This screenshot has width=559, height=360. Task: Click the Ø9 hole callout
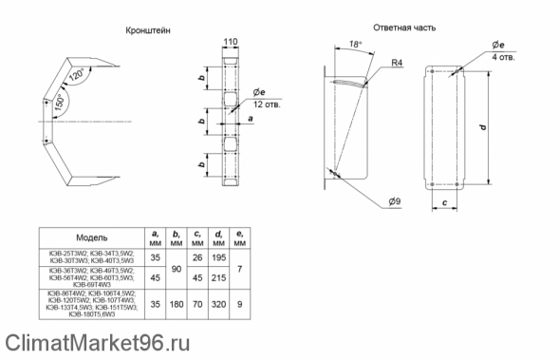pyautogui.click(x=393, y=200)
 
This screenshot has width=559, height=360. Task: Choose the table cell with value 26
pyautogui.click(x=196, y=256)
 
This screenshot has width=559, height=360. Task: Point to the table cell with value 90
pyautogui.click(x=176, y=267)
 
